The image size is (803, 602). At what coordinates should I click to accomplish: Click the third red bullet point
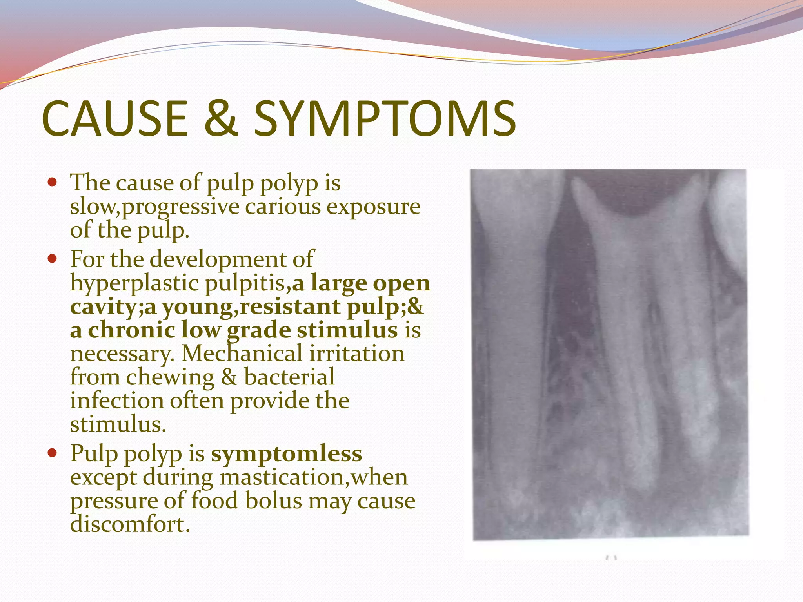point(52,453)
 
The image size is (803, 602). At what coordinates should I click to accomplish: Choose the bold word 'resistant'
point(290,306)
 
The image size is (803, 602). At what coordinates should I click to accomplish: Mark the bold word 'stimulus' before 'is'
point(347,330)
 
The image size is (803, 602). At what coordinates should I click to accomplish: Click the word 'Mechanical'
point(242,354)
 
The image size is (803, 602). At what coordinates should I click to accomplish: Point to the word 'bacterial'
point(289,377)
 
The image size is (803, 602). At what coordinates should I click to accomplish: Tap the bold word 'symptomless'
point(286,454)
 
